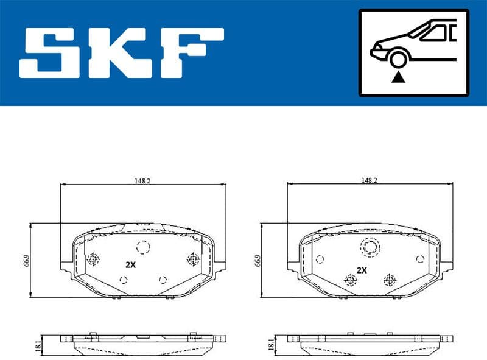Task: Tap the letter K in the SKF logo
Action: click(x=121, y=52)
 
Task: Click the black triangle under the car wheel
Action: click(x=399, y=77)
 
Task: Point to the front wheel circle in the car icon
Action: click(x=399, y=59)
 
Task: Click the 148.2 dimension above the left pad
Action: click(x=143, y=180)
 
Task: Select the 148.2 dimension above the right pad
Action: click(x=369, y=180)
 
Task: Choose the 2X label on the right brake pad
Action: click(x=362, y=269)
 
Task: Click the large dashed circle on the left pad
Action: click(x=143, y=247)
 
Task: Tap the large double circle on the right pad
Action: click(x=369, y=247)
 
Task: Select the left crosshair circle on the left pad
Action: click(x=94, y=259)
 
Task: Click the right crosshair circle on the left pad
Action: click(x=193, y=259)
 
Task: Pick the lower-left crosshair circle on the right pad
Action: click(x=350, y=280)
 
